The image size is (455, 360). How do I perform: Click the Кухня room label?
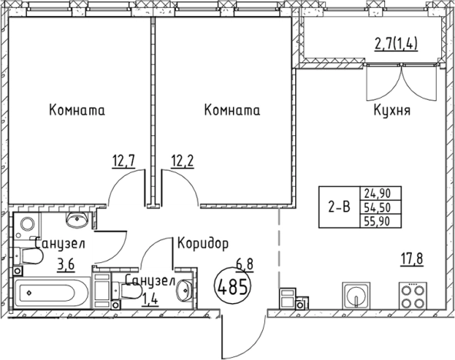(x=391, y=111)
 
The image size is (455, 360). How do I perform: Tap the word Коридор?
(x=203, y=244)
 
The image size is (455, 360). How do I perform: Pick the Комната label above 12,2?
(x=232, y=111)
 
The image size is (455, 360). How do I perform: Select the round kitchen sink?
(x=356, y=295)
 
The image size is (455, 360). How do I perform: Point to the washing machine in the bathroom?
(x=27, y=225)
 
